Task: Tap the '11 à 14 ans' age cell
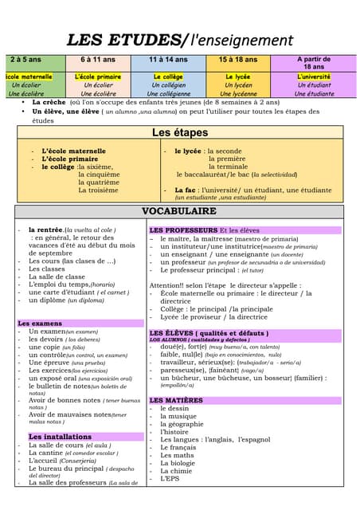click(x=169, y=60)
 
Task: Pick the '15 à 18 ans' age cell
click(x=237, y=60)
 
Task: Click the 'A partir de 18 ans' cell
click(x=314, y=63)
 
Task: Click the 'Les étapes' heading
click(x=180, y=132)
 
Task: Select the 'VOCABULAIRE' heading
click(x=179, y=211)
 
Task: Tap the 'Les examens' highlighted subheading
click(x=41, y=324)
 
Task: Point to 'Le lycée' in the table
click(x=237, y=76)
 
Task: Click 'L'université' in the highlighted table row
click(x=314, y=76)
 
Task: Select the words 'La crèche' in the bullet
click(x=49, y=103)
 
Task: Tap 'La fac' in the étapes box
click(x=186, y=190)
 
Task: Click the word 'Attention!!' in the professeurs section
click(x=166, y=284)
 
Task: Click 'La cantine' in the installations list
click(x=45, y=453)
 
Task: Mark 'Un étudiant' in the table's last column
click(x=314, y=84)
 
